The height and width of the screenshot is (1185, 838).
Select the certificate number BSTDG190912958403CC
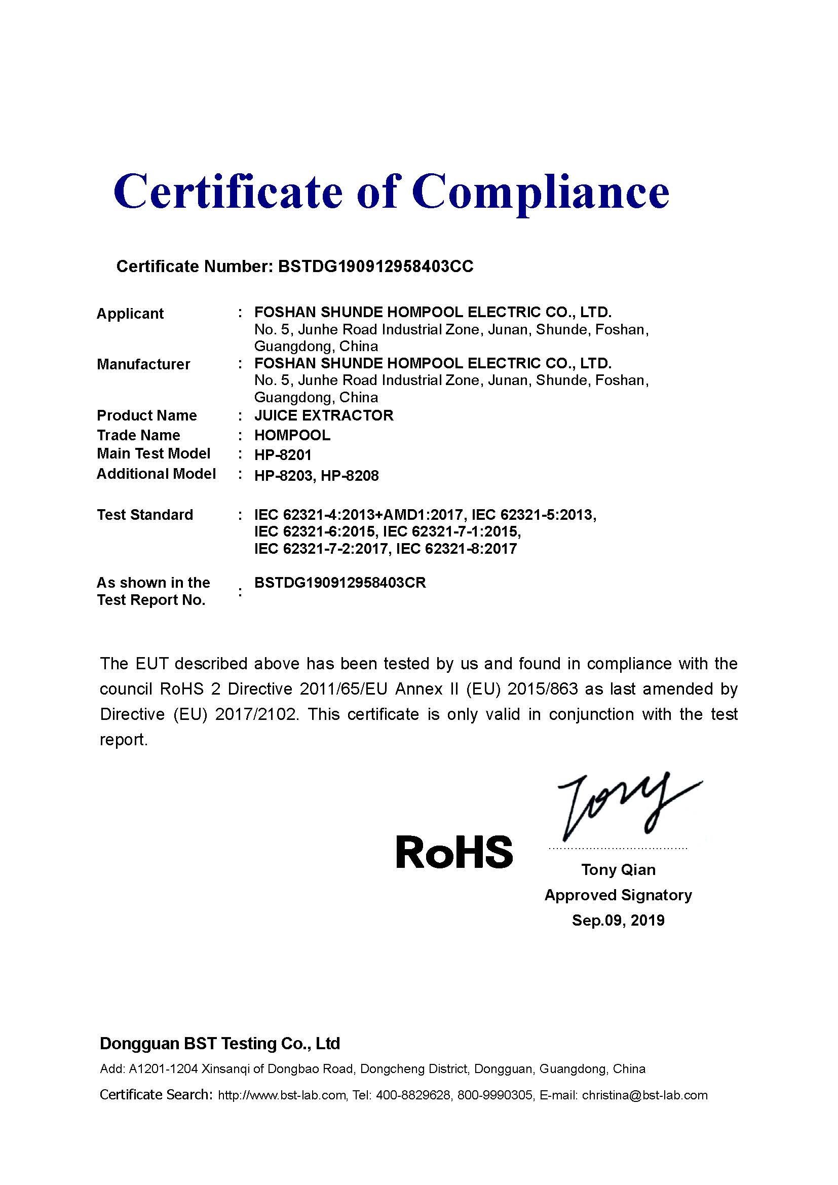375,267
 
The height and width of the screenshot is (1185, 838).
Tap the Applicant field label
130,314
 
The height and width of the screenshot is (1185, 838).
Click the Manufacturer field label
143,364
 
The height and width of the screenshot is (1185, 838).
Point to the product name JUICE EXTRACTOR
324,415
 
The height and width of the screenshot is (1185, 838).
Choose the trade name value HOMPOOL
292,435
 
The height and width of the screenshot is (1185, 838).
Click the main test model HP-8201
283,454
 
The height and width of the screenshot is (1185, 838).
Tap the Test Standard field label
145,515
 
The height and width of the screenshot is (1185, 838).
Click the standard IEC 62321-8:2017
455,549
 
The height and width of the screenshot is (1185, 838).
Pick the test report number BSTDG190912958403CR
340,583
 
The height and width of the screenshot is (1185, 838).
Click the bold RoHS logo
454,853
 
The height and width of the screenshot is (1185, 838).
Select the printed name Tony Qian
618,870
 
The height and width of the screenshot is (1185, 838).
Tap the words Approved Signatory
618,895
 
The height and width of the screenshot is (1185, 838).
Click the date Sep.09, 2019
618,920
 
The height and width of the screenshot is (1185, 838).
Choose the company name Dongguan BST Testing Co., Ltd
220,1044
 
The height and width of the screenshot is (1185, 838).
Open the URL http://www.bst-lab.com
282,1095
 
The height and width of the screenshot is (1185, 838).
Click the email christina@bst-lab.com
644,1095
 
